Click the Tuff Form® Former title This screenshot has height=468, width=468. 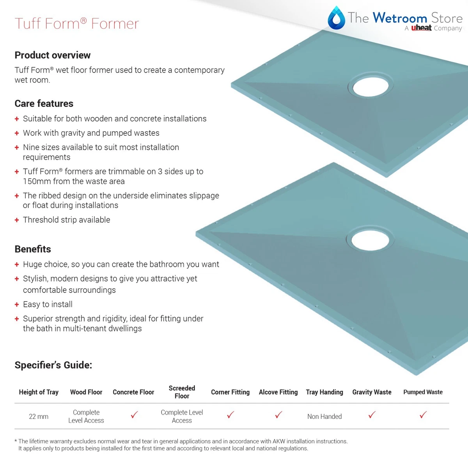[76, 24]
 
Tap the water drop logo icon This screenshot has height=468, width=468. [336, 18]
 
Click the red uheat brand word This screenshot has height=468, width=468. [421, 28]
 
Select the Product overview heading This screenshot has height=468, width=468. [53, 55]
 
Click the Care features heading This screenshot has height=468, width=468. [44, 104]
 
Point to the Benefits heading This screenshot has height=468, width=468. [33, 249]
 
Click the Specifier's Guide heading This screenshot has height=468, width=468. [53, 365]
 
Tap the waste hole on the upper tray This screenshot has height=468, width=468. [370, 86]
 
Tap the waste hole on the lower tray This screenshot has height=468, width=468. [370, 239]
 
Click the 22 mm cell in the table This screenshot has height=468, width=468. [39, 417]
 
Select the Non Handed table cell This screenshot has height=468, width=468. [324, 417]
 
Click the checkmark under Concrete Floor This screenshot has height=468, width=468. [134, 415]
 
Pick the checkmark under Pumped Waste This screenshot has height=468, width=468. [423, 415]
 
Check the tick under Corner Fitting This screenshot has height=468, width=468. [230, 415]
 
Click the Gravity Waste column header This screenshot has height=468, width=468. [372, 392]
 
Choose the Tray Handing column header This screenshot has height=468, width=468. [324, 392]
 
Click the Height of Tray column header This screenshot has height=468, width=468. [39, 392]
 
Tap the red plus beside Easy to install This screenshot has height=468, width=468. [17, 305]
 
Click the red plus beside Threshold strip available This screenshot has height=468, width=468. [17, 220]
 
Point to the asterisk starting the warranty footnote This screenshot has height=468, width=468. [16, 441]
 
